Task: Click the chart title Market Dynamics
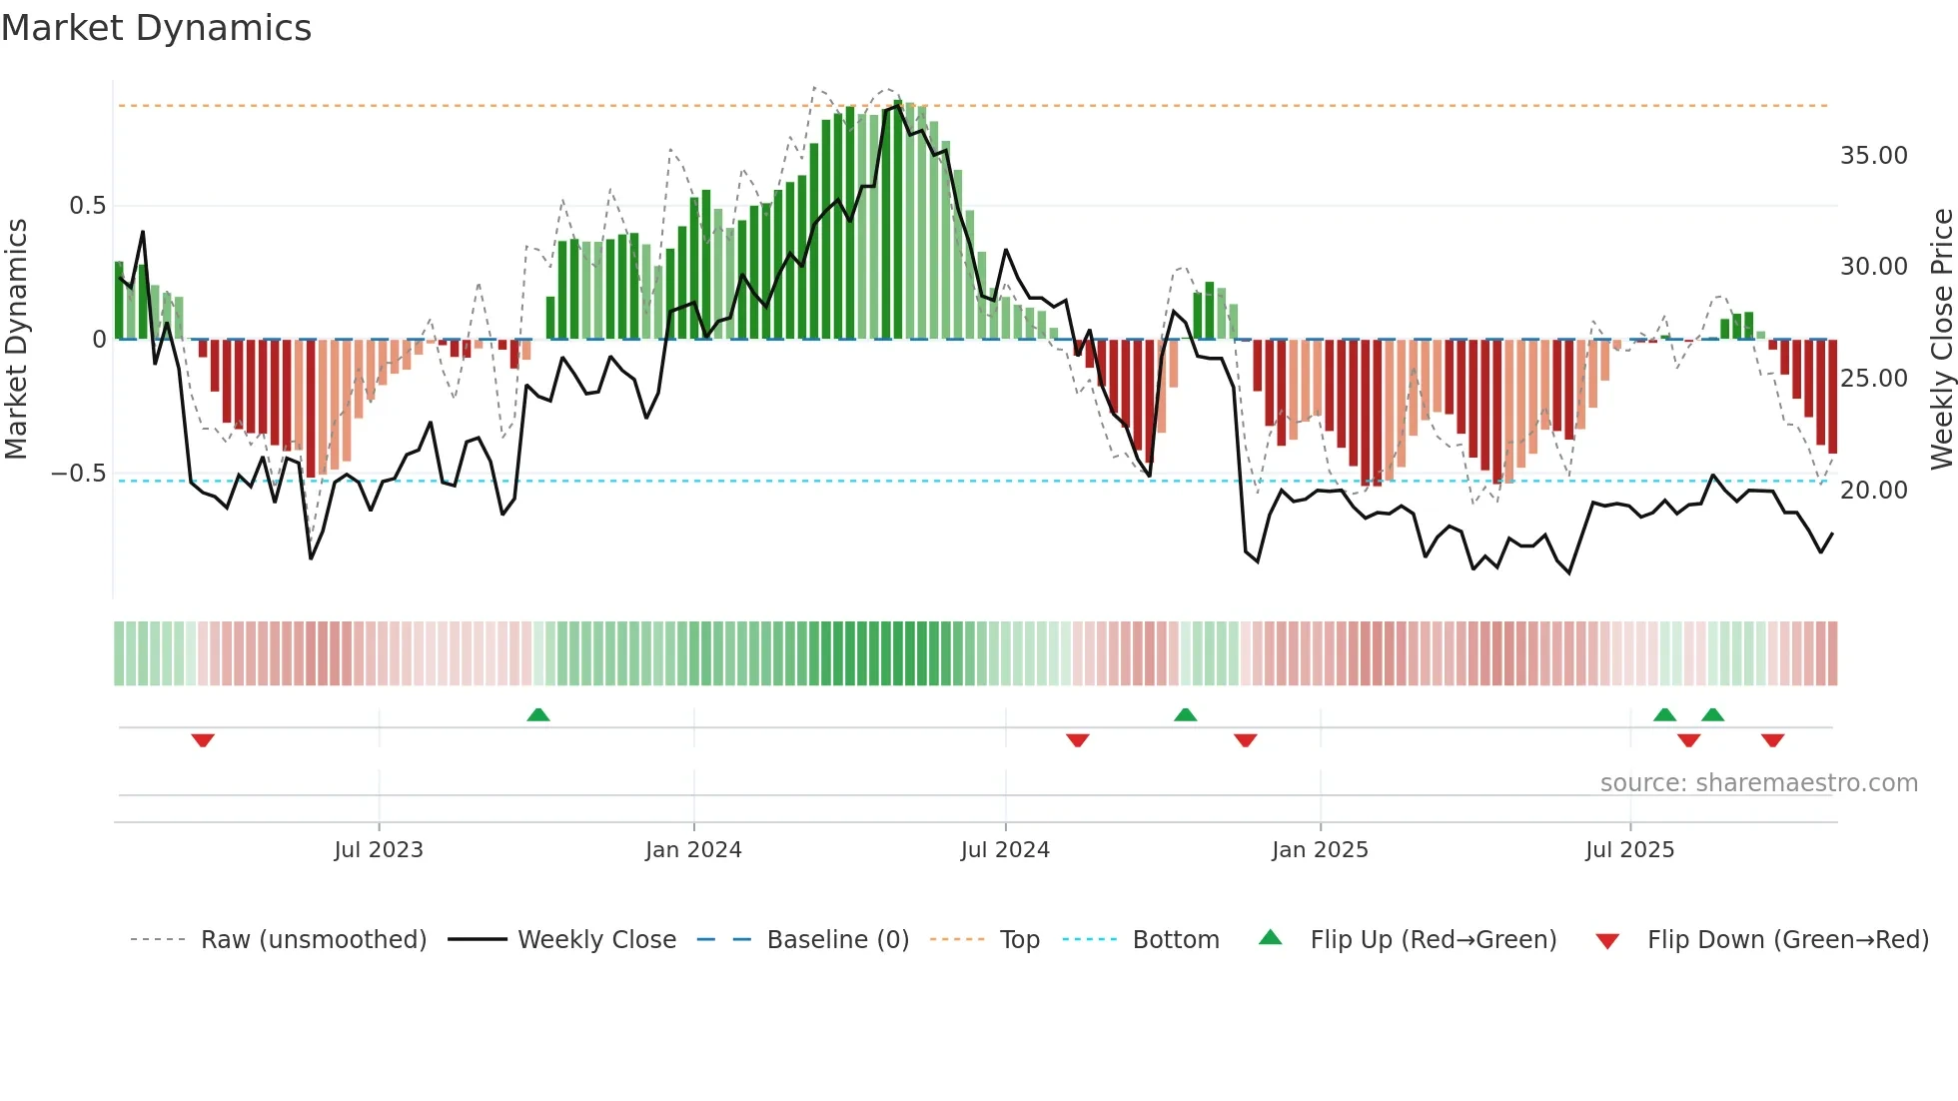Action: (156, 28)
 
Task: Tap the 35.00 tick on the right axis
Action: (1873, 156)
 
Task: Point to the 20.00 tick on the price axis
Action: (1873, 491)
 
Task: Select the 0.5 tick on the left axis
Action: (88, 206)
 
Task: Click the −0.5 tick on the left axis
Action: (79, 474)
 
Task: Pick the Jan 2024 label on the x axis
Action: (693, 850)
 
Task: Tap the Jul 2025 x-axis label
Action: (1629, 850)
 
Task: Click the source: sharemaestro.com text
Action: (1758, 783)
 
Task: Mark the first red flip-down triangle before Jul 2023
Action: (203, 740)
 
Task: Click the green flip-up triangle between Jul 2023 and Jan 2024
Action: (538, 714)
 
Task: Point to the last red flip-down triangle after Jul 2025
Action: (1773, 740)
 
